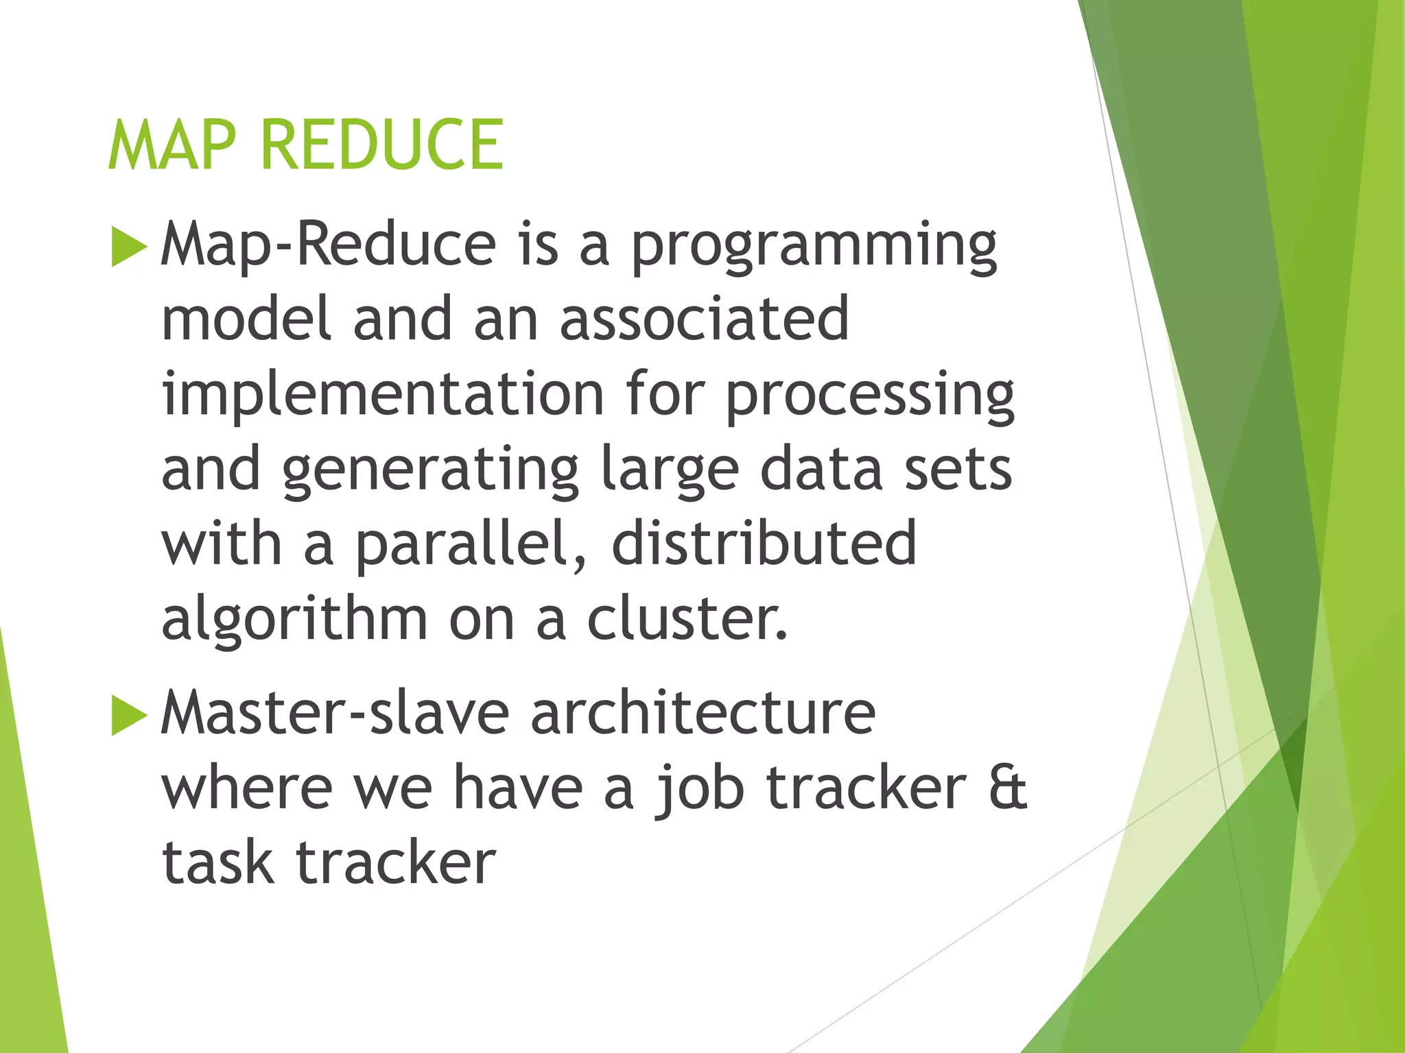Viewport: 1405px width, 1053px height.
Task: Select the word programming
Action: point(813,247)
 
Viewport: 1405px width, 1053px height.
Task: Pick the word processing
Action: point(869,396)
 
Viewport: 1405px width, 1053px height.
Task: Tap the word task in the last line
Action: point(217,862)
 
